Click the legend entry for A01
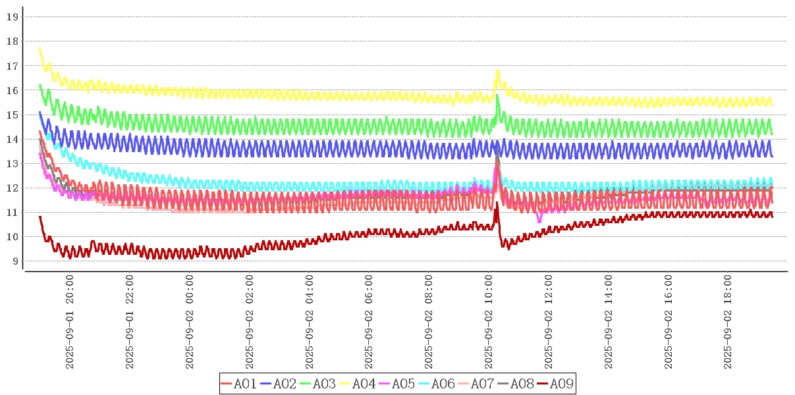click(238, 384)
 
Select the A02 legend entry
click(277, 384)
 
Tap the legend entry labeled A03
click(317, 384)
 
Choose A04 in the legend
click(356, 384)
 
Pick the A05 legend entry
click(396, 384)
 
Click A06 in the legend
click(435, 384)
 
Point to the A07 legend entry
click(475, 384)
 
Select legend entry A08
click(514, 384)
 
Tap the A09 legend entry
click(554, 384)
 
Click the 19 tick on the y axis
click(11, 16)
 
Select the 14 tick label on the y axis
click(11, 139)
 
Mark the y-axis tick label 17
click(11, 66)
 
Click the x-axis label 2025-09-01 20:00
click(70, 323)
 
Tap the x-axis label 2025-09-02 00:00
click(190, 323)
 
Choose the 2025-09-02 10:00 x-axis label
click(489, 323)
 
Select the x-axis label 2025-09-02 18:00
click(728, 323)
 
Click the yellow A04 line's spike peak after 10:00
click(497, 70)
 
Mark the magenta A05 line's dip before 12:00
click(539, 221)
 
